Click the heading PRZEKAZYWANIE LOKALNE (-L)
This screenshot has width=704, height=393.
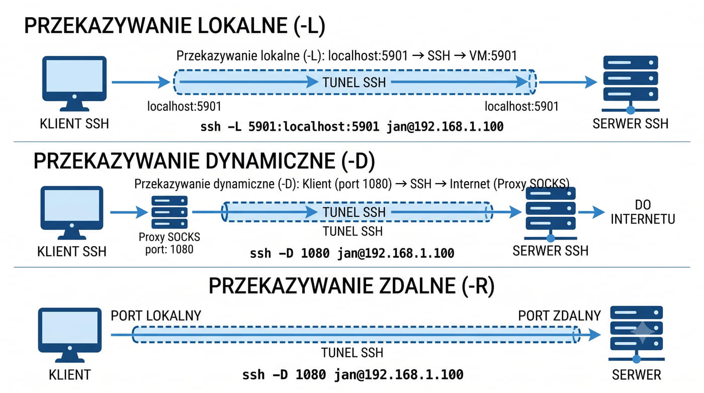click(x=175, y=26)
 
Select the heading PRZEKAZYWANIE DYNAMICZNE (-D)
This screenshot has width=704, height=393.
click(x=204, y=161)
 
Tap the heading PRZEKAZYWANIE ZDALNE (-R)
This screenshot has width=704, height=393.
click(x=351, y=286)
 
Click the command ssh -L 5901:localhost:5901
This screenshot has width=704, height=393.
click(x=352, y=127)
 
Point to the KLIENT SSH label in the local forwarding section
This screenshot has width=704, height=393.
click(x=74, y=124)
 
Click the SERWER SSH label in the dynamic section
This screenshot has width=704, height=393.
click(x=550, y=251)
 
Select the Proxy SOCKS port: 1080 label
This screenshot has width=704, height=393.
click(x=169, y=243)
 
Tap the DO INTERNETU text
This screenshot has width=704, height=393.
click(x=643, y=212)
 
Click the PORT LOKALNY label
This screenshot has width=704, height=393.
click(x=156, y=316)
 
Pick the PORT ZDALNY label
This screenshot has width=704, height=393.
click(x=559, y=316)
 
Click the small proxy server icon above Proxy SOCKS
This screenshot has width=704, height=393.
click(x=169, y=212)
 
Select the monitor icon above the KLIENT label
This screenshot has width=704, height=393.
click(x=70, y=335)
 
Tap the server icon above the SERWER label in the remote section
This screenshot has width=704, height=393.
click(x=637, y=335)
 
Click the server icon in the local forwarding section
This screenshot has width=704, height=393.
click(x=631, y=84)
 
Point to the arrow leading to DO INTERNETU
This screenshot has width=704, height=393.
click(x=591, y=212)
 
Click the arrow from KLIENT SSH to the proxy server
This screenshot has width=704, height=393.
click(x=129, y=212)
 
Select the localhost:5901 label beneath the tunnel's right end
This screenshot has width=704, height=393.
click(x=521, y=106)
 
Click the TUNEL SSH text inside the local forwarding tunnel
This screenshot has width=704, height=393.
click(x=354, y=83)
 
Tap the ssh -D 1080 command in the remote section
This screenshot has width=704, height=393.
click(x=353, y=375)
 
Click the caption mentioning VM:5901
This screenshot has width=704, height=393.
click(x=346, y=56)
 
